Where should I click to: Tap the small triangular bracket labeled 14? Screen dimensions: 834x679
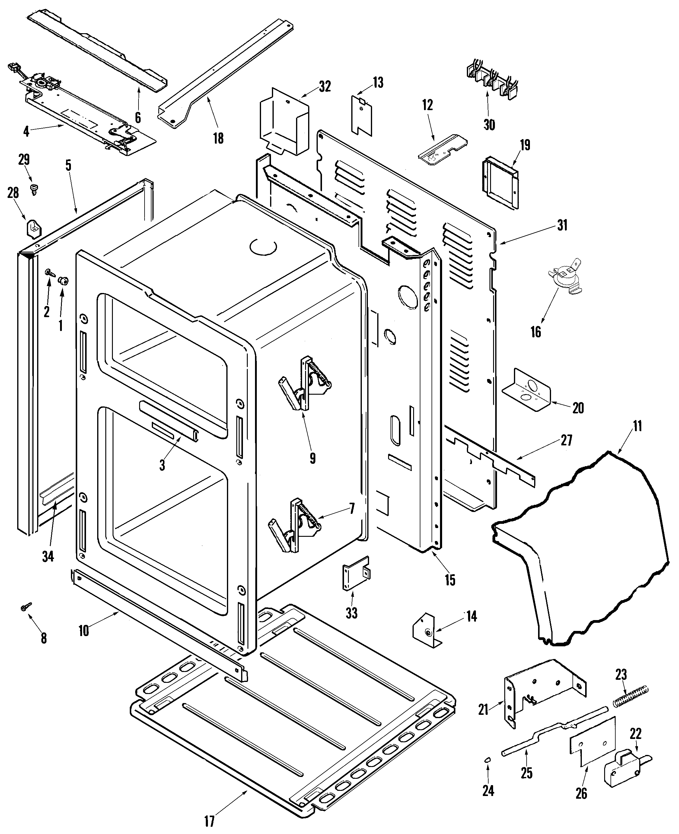pyautogui.click(x=426, y=631)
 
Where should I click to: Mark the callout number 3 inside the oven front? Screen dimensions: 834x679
pyautogui.click(x=162, y=465)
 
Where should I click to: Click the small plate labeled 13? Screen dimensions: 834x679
pyautogui.click(x=362, y=114)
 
